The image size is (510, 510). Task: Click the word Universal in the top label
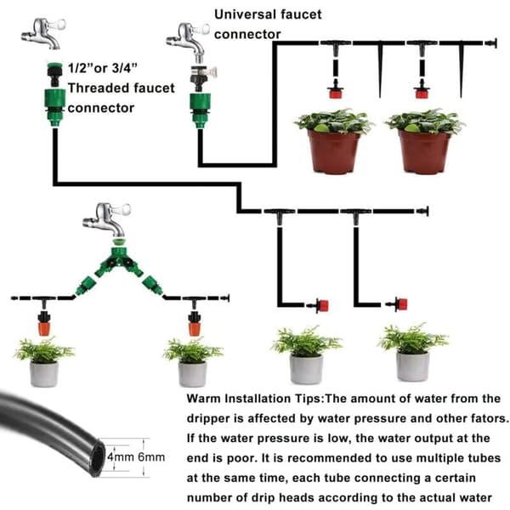tap(245, 14)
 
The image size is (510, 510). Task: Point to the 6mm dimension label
tap(151, 456)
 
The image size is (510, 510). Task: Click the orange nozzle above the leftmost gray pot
tap(43, 328)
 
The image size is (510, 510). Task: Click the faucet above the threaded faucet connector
tap(44, 33)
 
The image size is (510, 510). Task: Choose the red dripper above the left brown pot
tap(336, 93)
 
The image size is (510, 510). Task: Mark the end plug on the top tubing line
tap(491, 43)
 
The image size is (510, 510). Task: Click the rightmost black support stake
tap(462, 70)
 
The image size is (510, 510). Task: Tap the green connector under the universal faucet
tap(201, 110)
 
